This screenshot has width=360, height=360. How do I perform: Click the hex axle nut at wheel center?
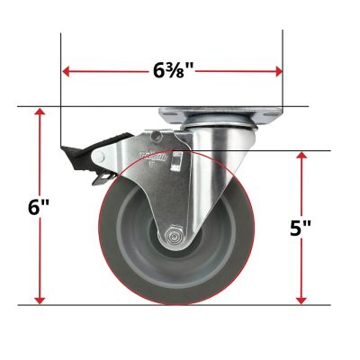click(172, 238)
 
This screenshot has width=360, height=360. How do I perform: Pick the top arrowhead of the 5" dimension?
click(301, 155)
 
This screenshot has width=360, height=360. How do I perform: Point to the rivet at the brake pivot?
click(156, 136)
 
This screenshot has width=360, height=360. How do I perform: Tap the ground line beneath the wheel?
click(180, 305)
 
